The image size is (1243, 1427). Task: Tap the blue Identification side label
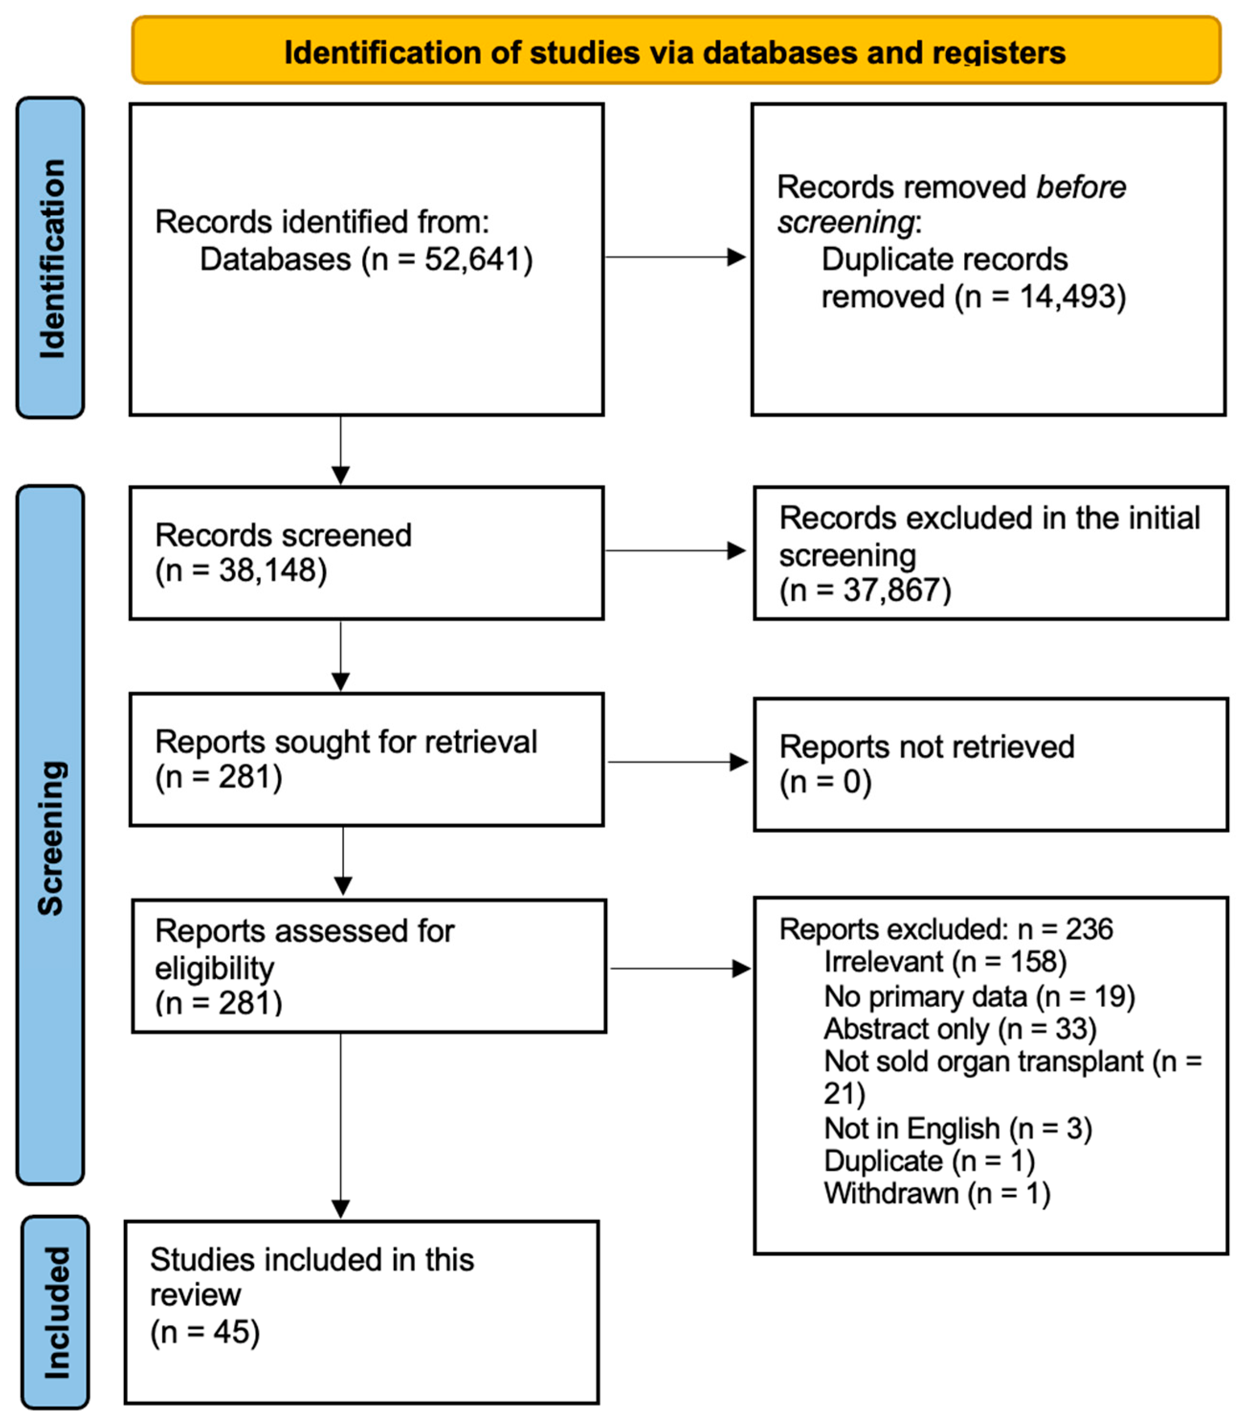pos(51,258)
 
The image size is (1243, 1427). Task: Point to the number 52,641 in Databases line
pos(472,259)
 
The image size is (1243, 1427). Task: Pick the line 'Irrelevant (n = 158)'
pos(945,962)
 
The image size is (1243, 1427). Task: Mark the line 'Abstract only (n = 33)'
pos(960,1029)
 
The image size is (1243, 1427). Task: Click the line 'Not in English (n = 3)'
pos(958,1129)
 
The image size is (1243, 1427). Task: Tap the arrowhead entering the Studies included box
pos(341,1209)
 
